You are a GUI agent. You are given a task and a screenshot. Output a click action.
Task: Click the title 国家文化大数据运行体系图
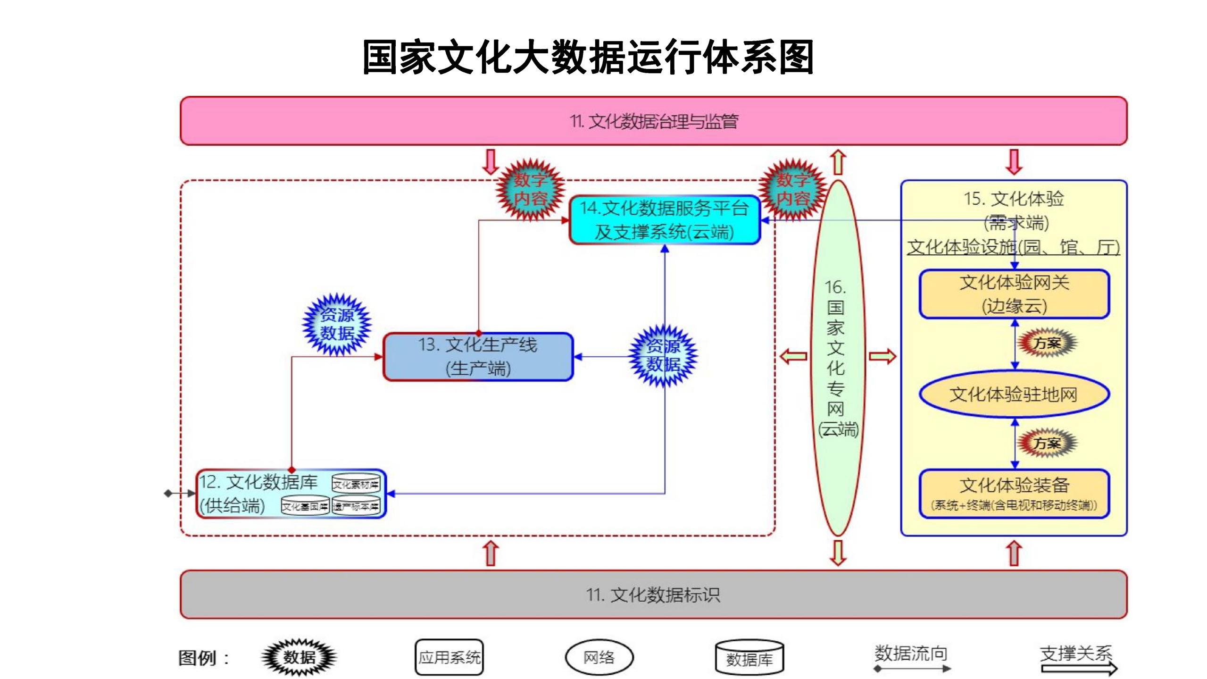588,57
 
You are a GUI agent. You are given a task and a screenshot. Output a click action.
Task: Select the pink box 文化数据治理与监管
653,121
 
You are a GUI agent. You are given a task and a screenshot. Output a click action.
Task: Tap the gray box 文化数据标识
653,595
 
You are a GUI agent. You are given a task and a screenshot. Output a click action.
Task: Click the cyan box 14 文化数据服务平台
664,220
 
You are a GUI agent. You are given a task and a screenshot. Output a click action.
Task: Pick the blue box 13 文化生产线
478,357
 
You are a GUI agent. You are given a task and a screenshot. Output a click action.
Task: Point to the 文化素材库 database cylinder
356,484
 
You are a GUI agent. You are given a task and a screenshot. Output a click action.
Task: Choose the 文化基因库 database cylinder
305,506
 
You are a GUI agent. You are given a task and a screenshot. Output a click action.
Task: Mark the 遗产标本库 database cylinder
356,506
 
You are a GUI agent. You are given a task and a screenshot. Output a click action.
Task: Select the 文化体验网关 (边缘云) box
1014,294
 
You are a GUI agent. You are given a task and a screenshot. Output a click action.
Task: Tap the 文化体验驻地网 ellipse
1014,394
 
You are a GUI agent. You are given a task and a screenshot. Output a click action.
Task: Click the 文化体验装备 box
1014,494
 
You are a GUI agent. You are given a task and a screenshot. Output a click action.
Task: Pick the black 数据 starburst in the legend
299,657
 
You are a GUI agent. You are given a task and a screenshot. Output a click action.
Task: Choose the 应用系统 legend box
449,657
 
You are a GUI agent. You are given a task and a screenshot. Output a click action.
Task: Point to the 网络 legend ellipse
599,657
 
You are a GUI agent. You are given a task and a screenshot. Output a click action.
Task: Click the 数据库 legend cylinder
749,657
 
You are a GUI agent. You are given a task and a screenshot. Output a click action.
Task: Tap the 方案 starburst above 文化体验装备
1047,443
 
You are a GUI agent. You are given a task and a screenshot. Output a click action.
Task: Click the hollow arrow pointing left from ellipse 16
793,356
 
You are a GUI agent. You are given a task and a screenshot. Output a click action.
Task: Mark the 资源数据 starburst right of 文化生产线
663,356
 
